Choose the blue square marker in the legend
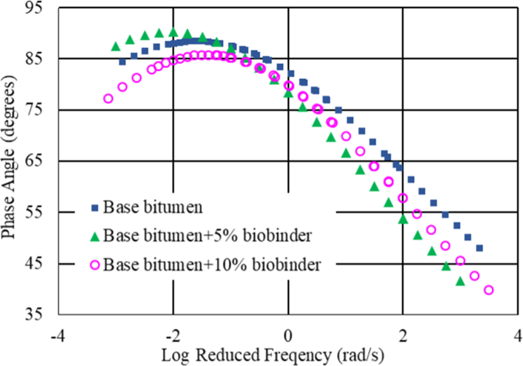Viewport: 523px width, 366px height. coord(94,208)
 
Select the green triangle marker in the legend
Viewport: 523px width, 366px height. coord(94,236)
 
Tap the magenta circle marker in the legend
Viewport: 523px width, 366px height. coord(94,265)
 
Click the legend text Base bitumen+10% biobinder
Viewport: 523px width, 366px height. coord(212,265)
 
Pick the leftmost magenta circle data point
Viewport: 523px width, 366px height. coord(108,99)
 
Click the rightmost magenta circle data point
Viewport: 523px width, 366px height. coord(489,290)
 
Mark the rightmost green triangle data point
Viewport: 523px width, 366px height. coord(460,281)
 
